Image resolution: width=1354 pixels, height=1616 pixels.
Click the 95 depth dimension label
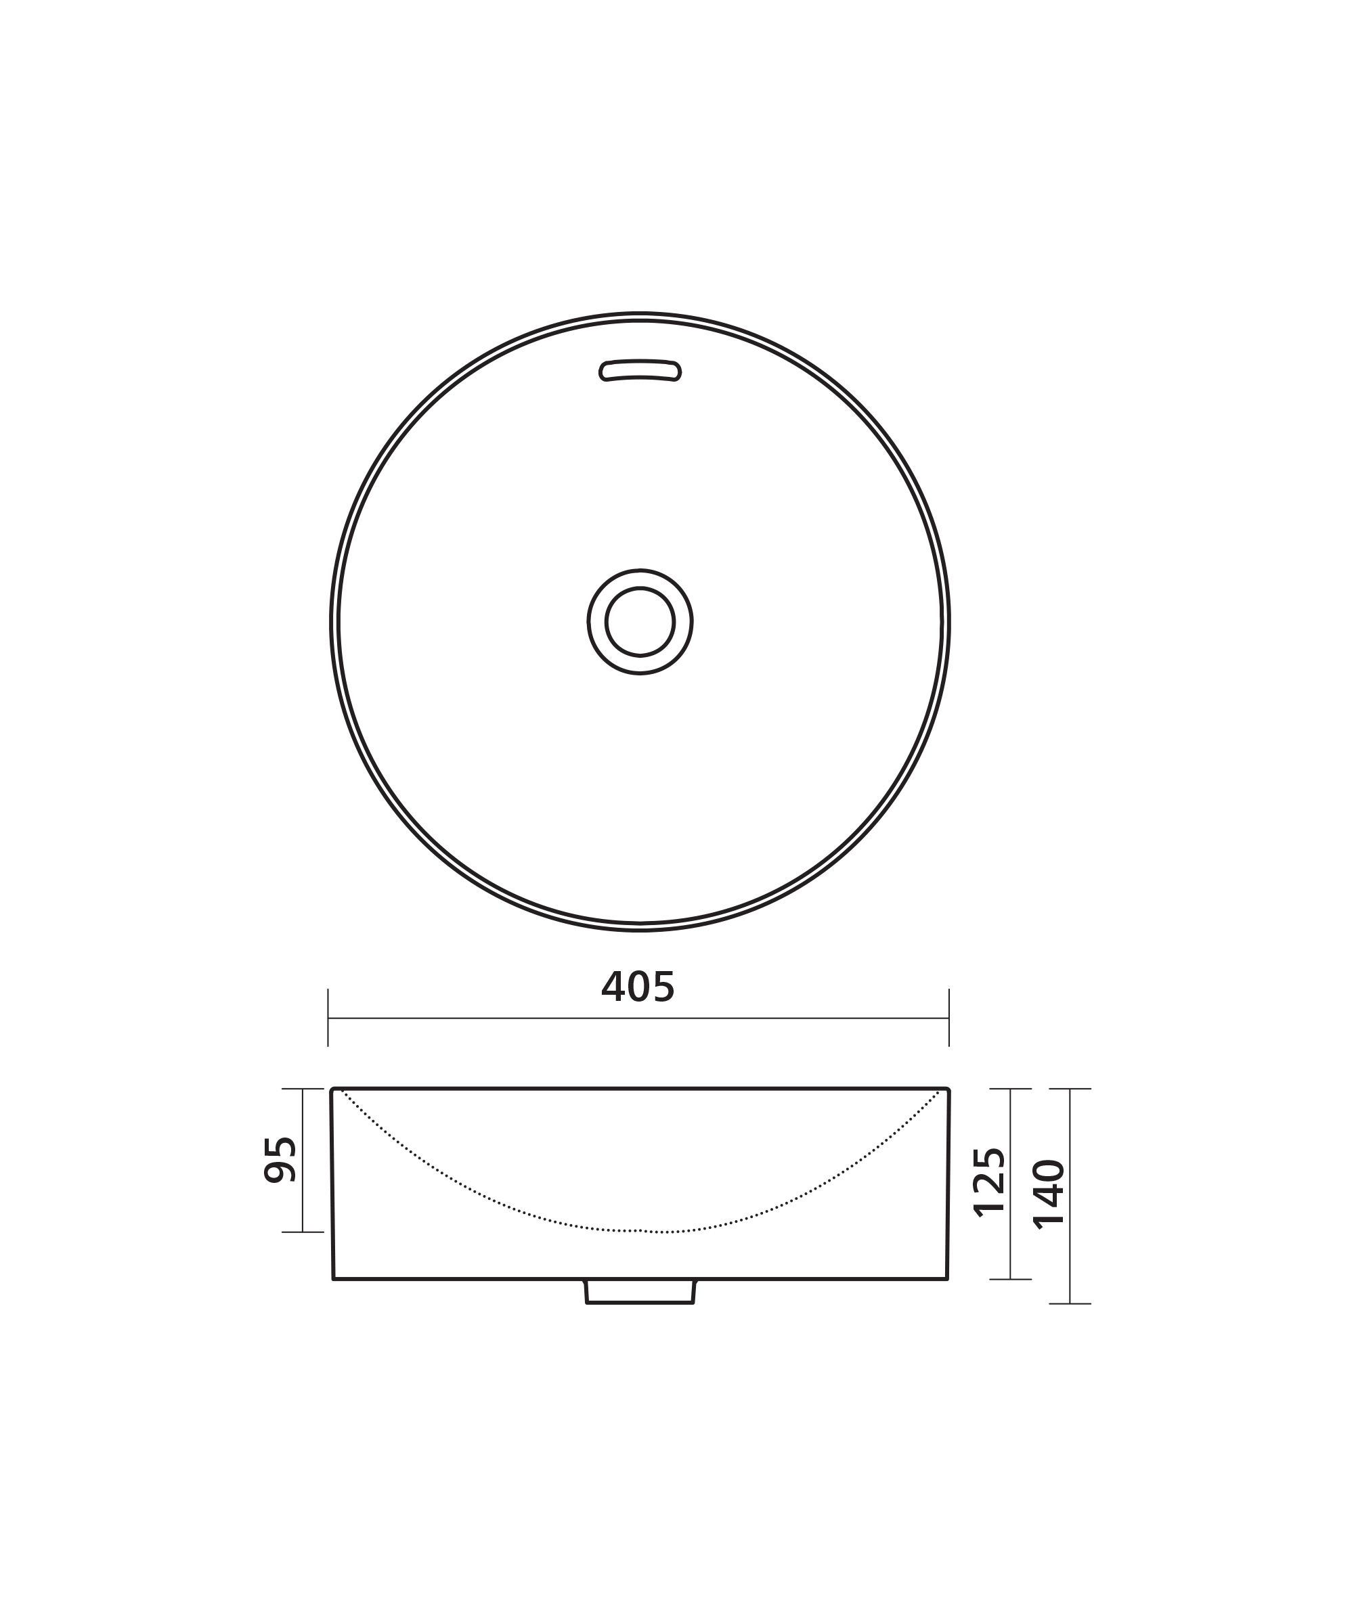point(280,1160)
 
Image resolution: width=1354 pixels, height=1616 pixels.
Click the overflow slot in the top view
point(640,370)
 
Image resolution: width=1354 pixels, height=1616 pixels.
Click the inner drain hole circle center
point(640,622)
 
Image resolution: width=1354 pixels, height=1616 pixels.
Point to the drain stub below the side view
point(640,1292)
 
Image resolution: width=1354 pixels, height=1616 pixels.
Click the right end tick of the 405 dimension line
point(949,1018)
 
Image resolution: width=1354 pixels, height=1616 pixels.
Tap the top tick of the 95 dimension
point(303,1089)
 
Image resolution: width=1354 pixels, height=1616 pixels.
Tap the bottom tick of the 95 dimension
point(303,1232)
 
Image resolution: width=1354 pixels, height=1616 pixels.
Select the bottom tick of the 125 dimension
point(1010,1279)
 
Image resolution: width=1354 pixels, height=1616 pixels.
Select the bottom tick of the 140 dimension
point(1070,1303)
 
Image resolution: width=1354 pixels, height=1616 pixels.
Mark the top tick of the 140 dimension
point(1070,1089)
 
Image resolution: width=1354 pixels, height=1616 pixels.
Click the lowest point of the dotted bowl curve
point(640,1231)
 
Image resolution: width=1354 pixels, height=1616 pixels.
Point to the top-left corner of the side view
point(332,1090)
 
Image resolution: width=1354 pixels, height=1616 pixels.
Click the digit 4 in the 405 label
point(613,987)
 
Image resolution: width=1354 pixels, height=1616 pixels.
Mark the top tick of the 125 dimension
point(1010,1089)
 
